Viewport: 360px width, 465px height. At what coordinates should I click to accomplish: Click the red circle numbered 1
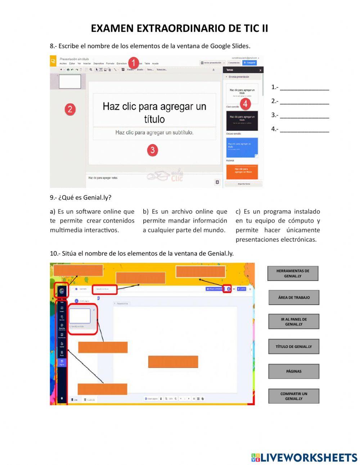[x=134, y=63]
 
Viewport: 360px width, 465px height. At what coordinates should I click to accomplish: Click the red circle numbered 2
[x=70, y=109]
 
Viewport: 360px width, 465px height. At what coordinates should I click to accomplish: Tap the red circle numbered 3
[x=152, y=150]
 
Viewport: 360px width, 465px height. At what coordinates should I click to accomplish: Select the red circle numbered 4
[x=245, y=104]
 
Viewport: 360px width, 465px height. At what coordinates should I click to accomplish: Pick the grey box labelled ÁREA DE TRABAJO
[x=294, y=298]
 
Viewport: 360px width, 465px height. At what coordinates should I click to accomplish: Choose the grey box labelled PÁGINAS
[x=294, y=371]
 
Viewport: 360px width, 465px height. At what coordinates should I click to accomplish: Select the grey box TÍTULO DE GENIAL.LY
[x=294, y=346]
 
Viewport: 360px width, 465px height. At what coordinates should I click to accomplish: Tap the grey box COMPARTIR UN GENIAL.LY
[x=294, y=396]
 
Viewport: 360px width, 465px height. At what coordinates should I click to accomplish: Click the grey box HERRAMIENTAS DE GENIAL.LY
[x=293, y=273]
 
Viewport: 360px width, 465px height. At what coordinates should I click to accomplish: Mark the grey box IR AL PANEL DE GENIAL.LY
[x=294, y=322]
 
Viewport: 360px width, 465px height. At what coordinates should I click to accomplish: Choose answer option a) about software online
[x=92, y=221]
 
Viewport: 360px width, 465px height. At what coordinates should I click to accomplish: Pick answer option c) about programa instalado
[x=278, y=225]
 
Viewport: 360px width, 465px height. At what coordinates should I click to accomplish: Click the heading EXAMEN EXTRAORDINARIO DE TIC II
[x=179, y=28]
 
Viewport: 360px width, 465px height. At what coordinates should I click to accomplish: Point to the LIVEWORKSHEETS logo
[x=304, y=457]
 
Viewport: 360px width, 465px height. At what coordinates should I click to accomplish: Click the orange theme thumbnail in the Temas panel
[x=242, y=171]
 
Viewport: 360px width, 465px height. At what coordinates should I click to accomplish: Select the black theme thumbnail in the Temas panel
[x=242, y=121]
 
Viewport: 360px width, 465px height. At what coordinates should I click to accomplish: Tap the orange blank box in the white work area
[x=173, y=362]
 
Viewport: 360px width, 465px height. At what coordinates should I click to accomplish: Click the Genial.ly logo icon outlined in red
[x=62, y=291]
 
